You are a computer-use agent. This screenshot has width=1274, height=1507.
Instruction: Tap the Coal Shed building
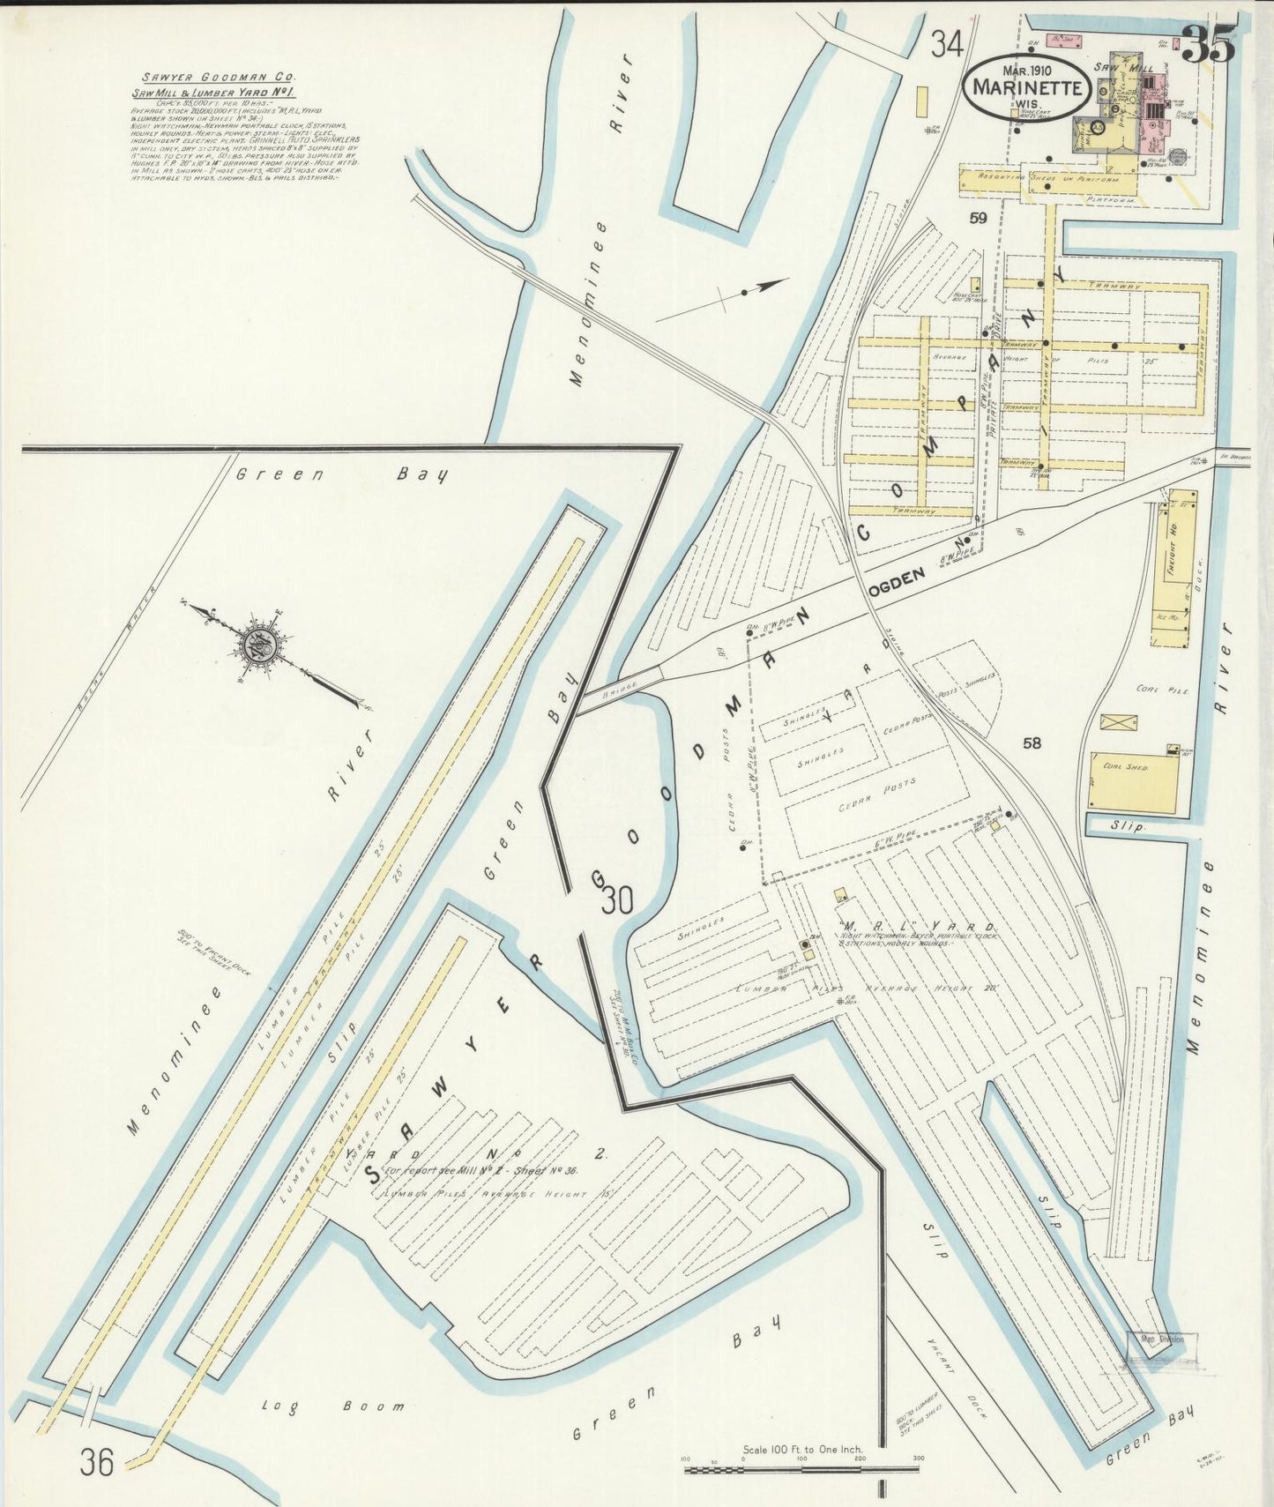pos(1133,782)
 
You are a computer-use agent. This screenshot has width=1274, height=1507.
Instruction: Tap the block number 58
pos(1031,742)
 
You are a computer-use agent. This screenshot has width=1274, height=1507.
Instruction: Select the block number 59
pos(977,218)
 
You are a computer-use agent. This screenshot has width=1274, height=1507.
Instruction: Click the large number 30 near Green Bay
pos(617,901)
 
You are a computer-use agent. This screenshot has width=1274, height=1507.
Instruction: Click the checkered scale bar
pos(801,1469)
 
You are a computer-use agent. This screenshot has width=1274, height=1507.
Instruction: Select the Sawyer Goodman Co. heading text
pos(214,78)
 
